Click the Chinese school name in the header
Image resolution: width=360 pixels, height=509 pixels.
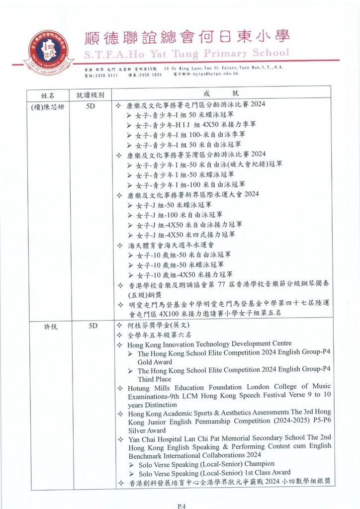pos(187,37)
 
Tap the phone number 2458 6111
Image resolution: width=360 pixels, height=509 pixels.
pos(106,74)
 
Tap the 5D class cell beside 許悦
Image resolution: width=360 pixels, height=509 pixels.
pos(91,326)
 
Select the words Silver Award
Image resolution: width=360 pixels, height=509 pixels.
pos(147,430)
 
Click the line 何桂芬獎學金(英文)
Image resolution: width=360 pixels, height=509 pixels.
pos(162,326)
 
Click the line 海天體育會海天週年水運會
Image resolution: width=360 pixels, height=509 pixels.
pos(171,245)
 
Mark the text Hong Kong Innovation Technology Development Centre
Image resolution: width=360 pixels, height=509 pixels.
pos(209,343)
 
